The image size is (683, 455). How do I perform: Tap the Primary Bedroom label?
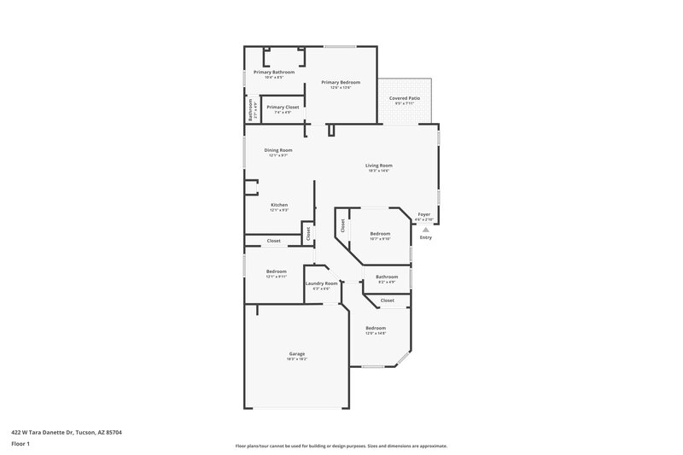coord(341,82)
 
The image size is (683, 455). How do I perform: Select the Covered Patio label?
coord(405,98)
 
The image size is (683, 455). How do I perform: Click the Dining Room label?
coord(278,150)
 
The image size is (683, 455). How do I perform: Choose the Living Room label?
coord(379,166)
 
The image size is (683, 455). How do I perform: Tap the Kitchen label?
coord(279,205)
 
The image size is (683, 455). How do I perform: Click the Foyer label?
coord(424,214)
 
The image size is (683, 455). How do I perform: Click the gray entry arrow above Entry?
coord(425,230)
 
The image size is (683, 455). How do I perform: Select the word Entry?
coord(425,237)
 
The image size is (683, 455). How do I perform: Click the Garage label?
coord(296,353)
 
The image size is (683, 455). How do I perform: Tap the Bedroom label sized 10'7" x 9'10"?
coord(380,233)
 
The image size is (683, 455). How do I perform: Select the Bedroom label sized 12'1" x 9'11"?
coord(276,271)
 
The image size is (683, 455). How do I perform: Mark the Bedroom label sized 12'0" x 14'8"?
coord(376,328)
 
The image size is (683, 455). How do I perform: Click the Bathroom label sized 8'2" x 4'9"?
coord(387,277)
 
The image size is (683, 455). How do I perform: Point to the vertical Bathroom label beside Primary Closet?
coord(251,110)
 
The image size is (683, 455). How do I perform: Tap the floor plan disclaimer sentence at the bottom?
coord(341,446)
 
